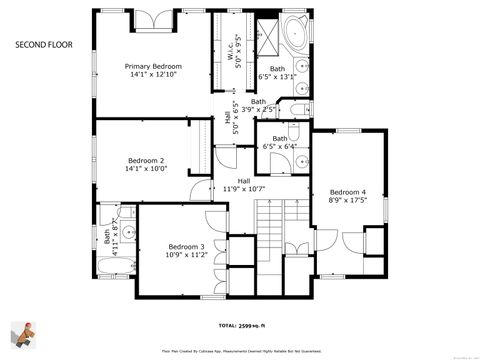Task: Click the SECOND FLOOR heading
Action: pos(41,45)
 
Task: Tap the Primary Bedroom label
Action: pos(151,67)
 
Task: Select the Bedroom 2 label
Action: pos(146,161)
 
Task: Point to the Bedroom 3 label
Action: pos(186,247)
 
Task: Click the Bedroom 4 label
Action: pos(348,192)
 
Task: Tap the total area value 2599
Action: pos(254,325)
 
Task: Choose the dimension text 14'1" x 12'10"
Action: pos(151,75)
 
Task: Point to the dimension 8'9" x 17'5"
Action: pos(348,200)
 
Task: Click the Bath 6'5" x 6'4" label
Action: pos(280,142)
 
